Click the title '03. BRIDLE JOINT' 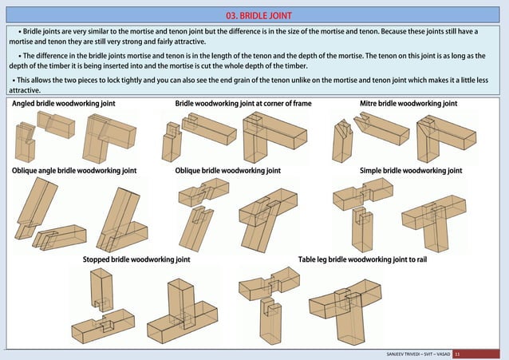click(258, 16)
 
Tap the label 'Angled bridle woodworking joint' click(64, 104)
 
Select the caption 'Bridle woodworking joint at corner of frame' click(243, 104)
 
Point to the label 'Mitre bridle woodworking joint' click(408, 104)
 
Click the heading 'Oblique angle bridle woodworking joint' click(74, 171)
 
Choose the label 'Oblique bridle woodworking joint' click(228, 171)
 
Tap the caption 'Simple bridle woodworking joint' click(411, 171)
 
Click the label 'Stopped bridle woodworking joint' click(136, 259)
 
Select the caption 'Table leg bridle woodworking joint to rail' click(362, 259)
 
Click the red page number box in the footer click(475, 354)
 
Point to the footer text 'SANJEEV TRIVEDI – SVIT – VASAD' click(418, 354)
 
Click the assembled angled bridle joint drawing click(109, 138)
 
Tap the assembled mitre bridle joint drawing click(446, 139)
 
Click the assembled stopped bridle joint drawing click(183, 311)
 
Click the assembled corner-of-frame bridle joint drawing click(274, 137)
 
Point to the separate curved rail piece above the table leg click(270, 283)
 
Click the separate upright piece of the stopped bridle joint click(101, 290)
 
